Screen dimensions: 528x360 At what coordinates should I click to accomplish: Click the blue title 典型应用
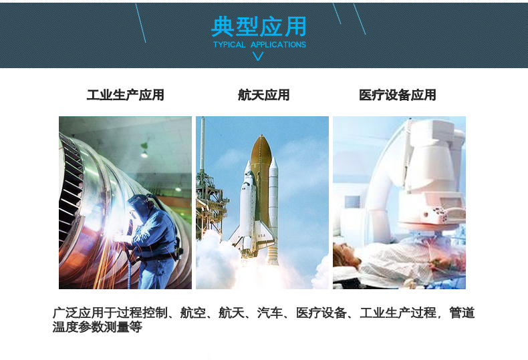[x=259, y=26]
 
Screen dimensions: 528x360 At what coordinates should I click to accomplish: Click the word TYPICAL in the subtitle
[x=229, y=44]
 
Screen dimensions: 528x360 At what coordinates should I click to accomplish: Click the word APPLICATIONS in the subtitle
[x=278, y=44]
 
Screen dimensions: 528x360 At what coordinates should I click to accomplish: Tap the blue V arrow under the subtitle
[x=258, y=56]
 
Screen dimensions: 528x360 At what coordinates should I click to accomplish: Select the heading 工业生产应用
[x=125, y=95]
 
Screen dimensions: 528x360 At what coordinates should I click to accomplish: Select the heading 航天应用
[x=263, y=95]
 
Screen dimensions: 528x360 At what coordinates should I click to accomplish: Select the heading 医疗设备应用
[x=398, y=95]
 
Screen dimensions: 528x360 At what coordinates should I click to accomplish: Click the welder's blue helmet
[x=138, y=205]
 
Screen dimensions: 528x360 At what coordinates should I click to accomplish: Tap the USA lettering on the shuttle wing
[x=261, y=236]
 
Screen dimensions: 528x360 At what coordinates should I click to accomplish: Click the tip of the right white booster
[x=273, y=158]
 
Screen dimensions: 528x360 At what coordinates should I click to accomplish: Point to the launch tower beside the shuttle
[x=208, y=188]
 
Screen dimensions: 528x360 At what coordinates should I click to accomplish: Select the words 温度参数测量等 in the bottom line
[x=98, y=327]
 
